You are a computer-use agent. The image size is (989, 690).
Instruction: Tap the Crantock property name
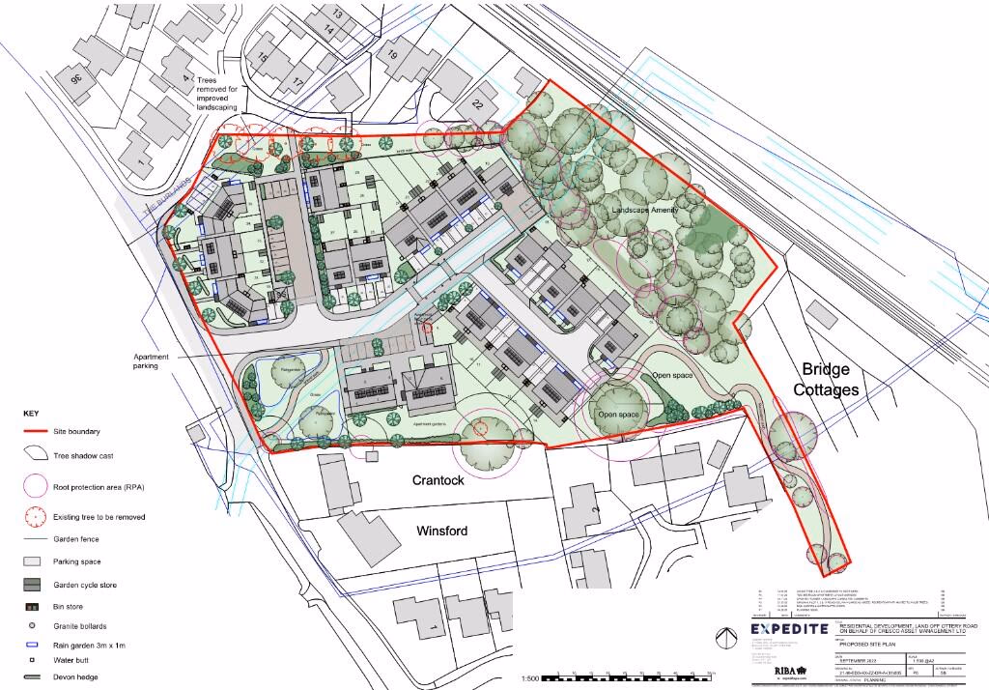pos(439,479)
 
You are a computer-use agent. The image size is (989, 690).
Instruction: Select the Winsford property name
pos(441,531)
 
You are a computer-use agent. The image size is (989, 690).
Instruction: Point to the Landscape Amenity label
pos(645,209)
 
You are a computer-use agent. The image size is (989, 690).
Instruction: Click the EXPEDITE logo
pos(789,630)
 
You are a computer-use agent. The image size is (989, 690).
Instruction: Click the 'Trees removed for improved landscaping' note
pos(223,92)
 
